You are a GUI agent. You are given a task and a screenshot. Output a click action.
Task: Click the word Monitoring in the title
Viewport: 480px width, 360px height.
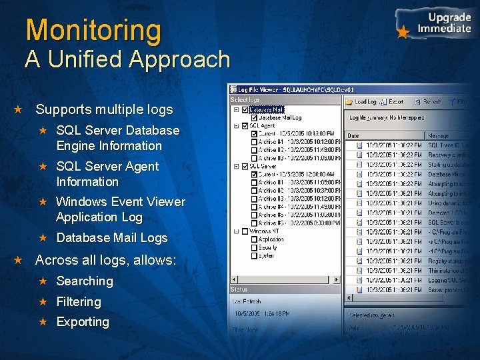(93, 31)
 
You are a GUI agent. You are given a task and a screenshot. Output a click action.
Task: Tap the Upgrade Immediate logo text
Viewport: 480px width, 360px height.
(443, 23)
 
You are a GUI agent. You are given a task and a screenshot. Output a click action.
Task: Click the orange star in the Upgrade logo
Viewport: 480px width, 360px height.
(403, 32)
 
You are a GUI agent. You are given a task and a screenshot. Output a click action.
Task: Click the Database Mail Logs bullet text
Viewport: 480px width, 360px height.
(112, 238)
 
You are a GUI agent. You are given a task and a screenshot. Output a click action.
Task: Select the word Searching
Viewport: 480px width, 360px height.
(85, 281)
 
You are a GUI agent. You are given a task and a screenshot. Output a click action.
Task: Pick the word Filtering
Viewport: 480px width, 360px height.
(79, 302)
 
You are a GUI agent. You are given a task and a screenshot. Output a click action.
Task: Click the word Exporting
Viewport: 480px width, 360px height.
(83, 322)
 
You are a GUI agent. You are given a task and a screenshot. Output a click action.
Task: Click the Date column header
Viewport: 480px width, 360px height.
(353, 135)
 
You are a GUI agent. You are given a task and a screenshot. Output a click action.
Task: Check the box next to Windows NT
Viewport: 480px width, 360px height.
(245, 231)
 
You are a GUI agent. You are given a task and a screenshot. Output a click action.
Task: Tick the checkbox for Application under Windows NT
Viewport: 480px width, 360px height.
(253, 239)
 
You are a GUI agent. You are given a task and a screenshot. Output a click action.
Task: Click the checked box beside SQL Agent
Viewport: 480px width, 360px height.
(245, 125)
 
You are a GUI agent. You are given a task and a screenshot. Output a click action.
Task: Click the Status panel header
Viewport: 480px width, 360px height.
(239, 289)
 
